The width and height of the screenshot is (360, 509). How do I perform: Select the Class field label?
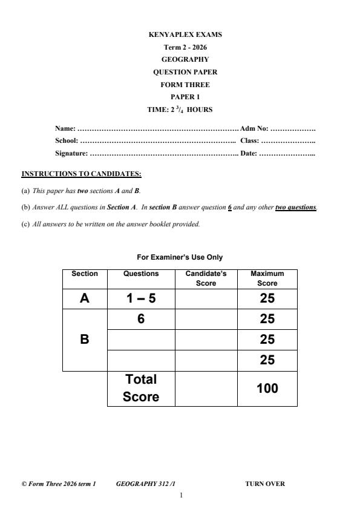[250, 140]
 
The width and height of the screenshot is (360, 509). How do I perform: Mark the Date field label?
[249, 153]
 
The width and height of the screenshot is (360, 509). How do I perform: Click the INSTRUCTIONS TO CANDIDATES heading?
[81, 174]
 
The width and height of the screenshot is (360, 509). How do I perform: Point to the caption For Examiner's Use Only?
[180, 257]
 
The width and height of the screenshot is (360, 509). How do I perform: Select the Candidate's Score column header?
[206, 278]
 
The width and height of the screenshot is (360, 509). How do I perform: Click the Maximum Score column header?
[267, 278]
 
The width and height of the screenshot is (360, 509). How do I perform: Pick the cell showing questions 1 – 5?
[140, 298]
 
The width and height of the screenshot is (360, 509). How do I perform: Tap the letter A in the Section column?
[85, 298]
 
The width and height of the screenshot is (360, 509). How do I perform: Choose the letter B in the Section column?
[85, 340]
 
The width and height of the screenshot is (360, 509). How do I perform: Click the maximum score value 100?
[267, 388]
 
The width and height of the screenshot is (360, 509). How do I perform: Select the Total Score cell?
[141, 388]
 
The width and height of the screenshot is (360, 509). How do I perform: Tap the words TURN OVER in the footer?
[265, 484]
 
